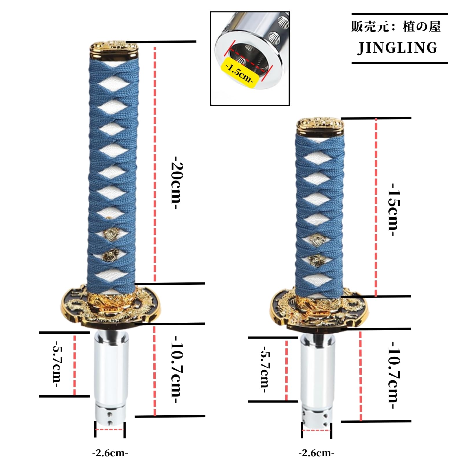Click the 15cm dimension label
tap(394, 210)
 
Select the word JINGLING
tap(398, 48)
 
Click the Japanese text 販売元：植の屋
tap(396, 27)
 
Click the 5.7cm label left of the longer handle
tap(57, 365)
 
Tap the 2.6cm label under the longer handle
tap(110, 453)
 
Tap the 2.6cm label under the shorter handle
tap(316, 453)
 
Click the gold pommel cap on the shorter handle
tap(320, 127)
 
